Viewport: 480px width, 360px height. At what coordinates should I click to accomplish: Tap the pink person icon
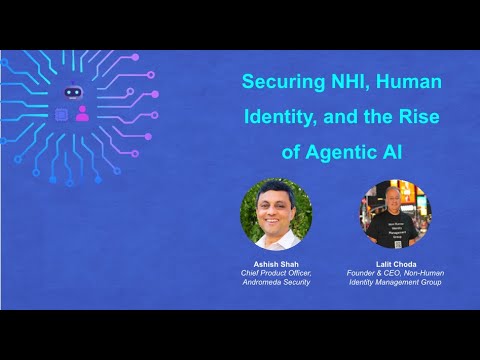tap(82, 113)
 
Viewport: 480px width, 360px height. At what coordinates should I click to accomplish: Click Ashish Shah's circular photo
tap(276, 214)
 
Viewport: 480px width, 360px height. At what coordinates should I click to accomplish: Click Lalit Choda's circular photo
tap(389, 214)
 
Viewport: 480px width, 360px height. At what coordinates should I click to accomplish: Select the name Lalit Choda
tap(389, 263)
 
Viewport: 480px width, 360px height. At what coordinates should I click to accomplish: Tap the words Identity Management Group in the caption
tap(389, 283)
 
